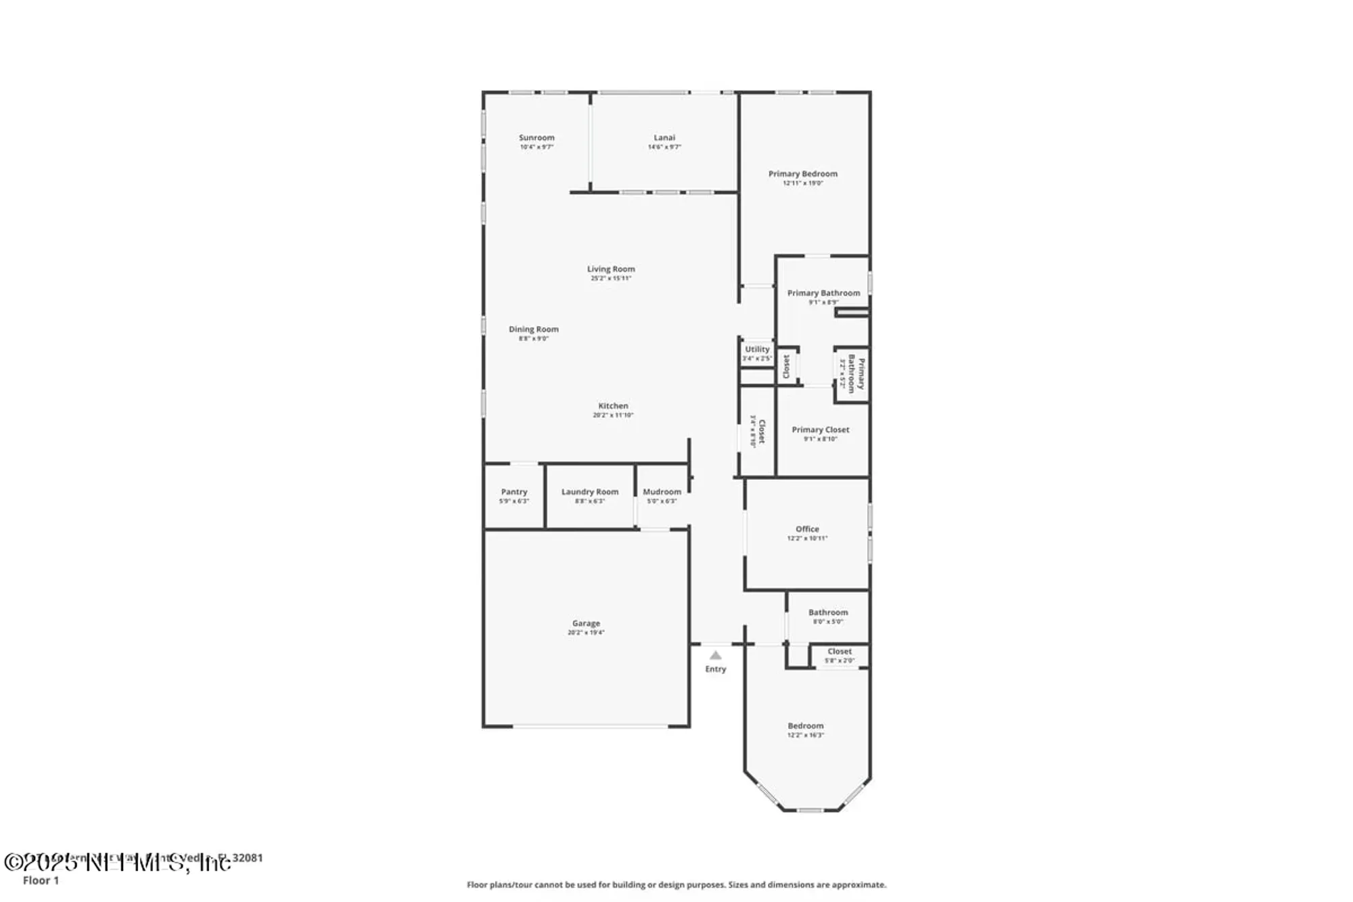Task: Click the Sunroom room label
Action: click(536, 138)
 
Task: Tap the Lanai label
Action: click(664, 138)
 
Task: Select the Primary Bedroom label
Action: click(802, 174)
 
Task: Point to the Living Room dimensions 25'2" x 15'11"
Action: click(611, 278)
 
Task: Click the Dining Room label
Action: click(534, 330)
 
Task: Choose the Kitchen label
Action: click(613, 406)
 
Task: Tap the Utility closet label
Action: click(757, 350)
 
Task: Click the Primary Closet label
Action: click(820, 430)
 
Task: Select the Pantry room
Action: click(514, 495)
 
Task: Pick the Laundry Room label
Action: click(590, 492)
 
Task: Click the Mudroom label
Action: click(662, 492)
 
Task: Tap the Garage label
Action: click(586, 623)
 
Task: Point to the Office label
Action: click(807, 529)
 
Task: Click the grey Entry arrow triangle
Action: click(715, 655)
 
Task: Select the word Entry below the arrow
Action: click(715, 669)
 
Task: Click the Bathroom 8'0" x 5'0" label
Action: click(827, 612)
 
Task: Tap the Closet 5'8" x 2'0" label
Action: click(840, 652)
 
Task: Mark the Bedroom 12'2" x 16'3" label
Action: click(805, 726)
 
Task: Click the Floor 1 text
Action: click(41, 880)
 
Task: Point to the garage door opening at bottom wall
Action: click(590, 727)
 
